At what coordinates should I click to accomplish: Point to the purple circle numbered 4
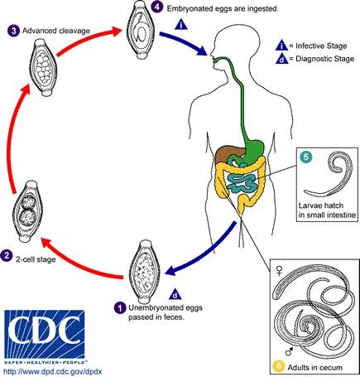point(157,8)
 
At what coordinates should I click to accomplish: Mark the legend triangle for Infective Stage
point(282,43)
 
